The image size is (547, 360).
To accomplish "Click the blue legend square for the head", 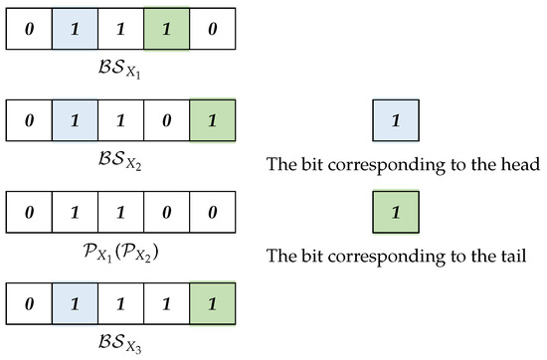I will coord(396,121).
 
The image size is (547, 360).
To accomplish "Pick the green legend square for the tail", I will coord(396,212).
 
